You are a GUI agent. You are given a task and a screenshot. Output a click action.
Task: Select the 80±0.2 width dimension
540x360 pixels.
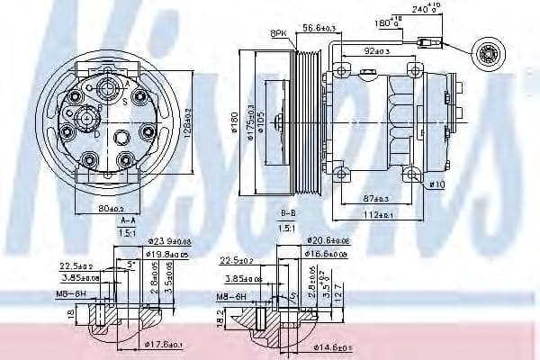(111, 208)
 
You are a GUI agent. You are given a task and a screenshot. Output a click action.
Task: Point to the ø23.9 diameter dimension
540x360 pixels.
(169, 241)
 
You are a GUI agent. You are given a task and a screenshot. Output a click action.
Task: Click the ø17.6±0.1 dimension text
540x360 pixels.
(166, 344)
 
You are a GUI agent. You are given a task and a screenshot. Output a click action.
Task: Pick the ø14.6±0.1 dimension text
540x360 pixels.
(333, 346)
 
